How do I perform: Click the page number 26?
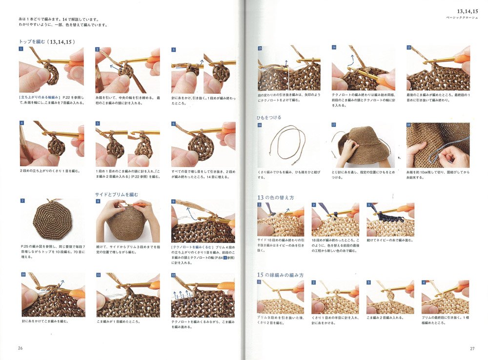(20, 348)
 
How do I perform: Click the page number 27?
(472, 348)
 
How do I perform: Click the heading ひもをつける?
(269, 118)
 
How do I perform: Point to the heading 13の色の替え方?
(275, 197)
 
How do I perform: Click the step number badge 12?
(174, 275)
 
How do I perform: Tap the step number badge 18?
(409, 125)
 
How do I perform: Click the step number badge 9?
(174, 201)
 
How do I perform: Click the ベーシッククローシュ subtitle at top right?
(456, 17)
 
